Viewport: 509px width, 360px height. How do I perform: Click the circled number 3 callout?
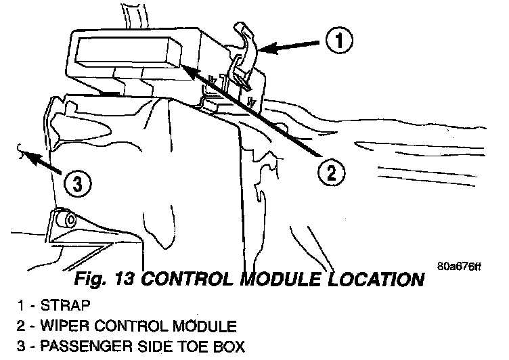click(x=77, y=183)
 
